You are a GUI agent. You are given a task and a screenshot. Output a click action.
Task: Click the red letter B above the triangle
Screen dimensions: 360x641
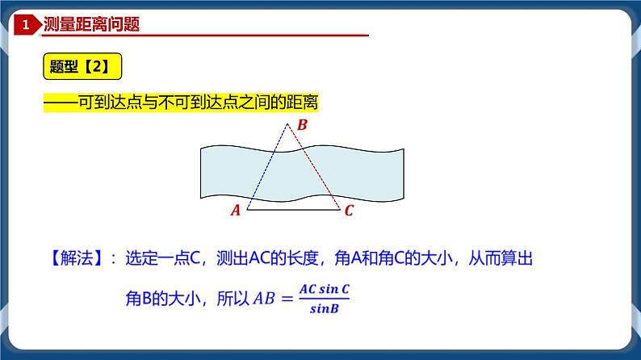coord(302,125)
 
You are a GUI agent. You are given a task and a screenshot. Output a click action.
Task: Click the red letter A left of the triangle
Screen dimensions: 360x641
coord(236,211)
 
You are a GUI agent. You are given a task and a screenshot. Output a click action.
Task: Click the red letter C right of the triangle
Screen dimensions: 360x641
coord(349,211)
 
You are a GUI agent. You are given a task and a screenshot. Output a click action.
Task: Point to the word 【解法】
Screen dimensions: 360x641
coord(70,260)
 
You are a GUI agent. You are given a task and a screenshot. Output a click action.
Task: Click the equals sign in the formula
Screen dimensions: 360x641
coord(287,299)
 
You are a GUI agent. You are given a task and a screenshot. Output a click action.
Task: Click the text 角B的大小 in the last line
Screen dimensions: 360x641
coord(157,299)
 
